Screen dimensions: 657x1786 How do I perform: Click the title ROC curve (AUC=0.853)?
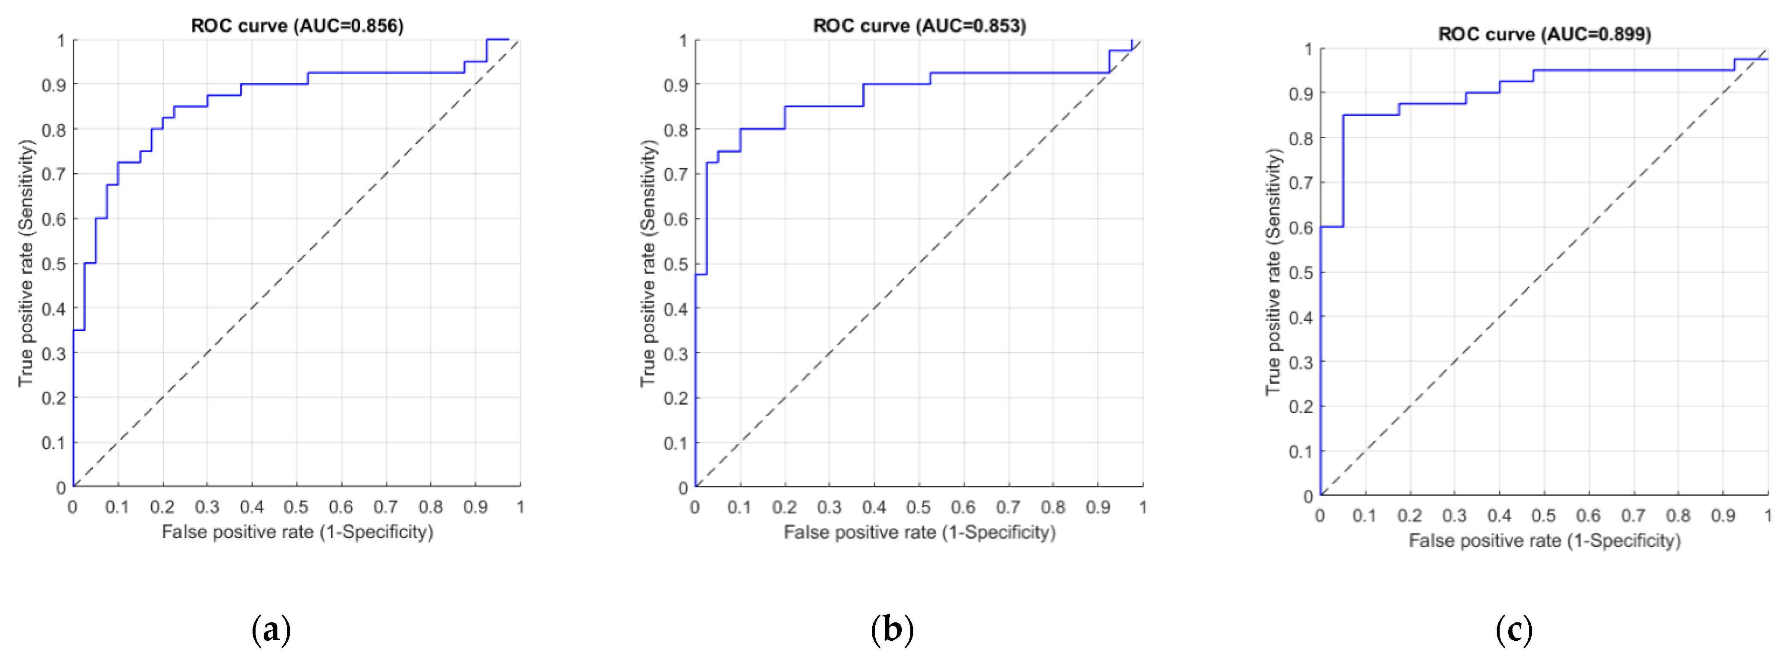[919, 26]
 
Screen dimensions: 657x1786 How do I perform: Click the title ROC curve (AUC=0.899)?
[1544, 34]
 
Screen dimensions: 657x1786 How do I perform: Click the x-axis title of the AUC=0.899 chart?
[1544, 541]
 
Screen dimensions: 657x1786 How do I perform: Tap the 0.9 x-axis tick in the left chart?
[476, 507]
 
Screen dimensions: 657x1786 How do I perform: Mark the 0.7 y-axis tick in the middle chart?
[676, 174]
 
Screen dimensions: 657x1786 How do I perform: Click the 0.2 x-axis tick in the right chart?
[1409, 515]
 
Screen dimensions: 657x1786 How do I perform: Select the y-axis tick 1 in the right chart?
[1308, 49]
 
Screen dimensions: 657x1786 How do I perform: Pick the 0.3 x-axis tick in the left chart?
[206, 507]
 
